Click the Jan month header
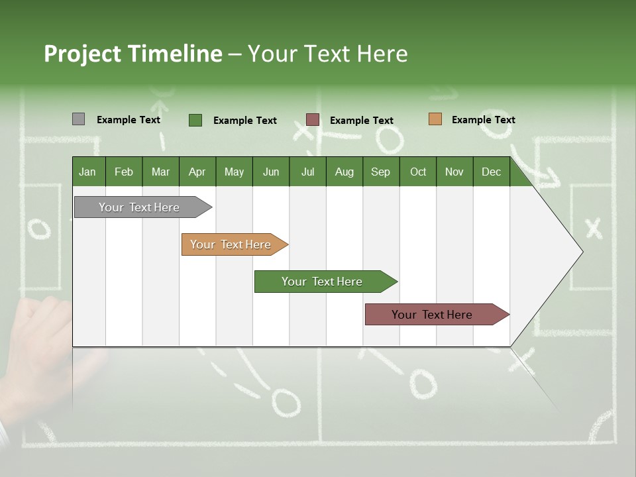pyautogui.click(x=87, y=172)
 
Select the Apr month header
pyautogui.click(x=197, y=172)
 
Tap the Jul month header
pyautogui.click(x=307, y=172)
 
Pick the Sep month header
pyautogui.click(x=380, y=172)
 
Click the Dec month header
pyautogui.click(x=491, y=172)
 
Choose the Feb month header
pyautogui.click(x=124, y=172)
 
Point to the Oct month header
pyautogui.click(x=418, y=172)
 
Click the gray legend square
pyautogui.click(x=78, y=119)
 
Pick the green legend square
pyautogui.click(x=195, y=120)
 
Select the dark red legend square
pyautogui.click(x=312, y=120)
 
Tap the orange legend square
pyautogui.click(x=435, y=119)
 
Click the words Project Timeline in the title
pyautogui.click(x=132, y=54)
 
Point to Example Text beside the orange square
pyautogui.click(x=483, y=120)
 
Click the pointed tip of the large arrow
pyautogui.click(x=581, y=252)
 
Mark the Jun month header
pyautogui.click(x=271, y=172)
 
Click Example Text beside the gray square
pyautogui.click(x=129, y=120)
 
